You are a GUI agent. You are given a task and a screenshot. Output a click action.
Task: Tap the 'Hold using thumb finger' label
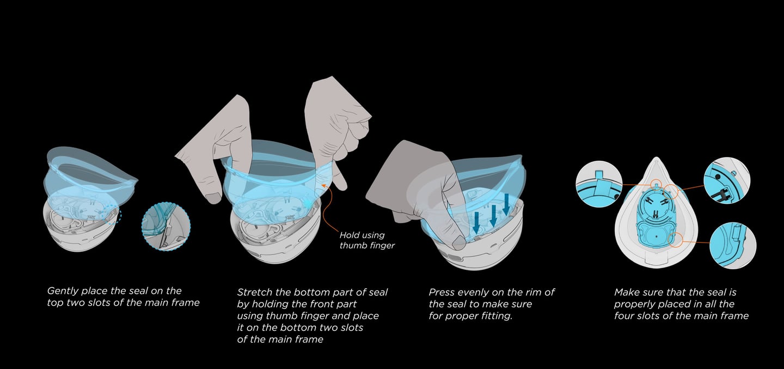pos(367,240)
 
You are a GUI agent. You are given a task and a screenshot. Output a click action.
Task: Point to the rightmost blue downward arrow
pos(506,204)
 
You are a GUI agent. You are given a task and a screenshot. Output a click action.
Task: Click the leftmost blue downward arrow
pos(476,222)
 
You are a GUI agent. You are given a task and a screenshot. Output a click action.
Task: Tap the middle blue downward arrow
pos(493,215)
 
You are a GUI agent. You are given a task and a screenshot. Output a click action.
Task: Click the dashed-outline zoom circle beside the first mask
pos(166,226)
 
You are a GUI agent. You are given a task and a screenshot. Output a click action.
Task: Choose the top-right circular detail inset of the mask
pos(727,180)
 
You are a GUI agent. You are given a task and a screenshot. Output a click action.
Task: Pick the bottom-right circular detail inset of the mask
pos(733,245)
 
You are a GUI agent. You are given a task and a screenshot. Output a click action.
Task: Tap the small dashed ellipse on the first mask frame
pos(111,214)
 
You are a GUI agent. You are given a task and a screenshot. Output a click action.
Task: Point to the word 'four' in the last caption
pos(624,316)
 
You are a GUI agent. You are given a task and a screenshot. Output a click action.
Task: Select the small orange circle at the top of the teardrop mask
pos(657,184)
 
